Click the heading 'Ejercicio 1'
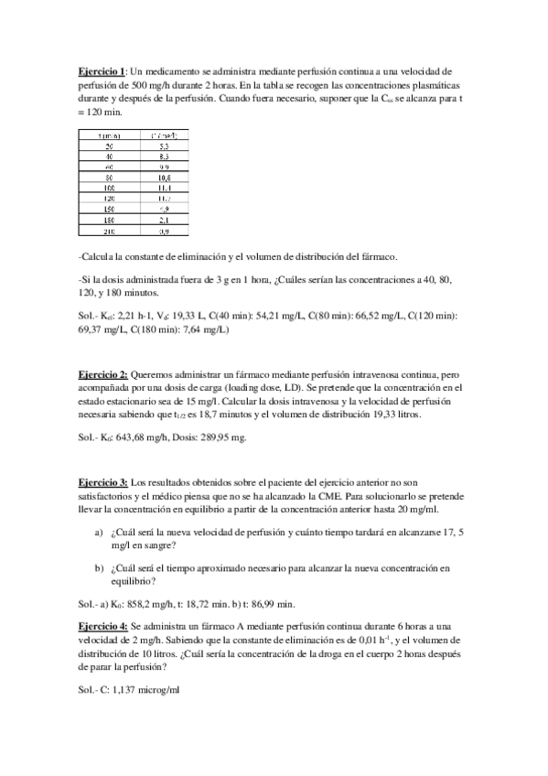100,70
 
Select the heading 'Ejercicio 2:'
102,375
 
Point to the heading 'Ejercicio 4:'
102,625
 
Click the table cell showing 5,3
161,145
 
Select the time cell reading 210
109,232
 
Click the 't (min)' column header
109,135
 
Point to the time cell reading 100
109,189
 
